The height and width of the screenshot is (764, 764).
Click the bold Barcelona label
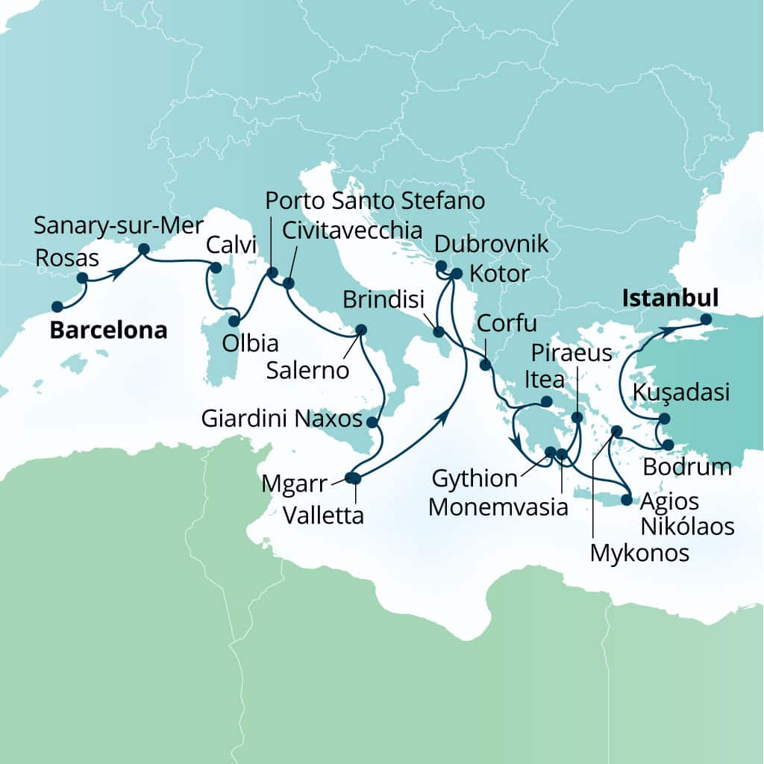coord(108,331)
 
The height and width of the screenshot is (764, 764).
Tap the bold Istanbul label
coord(669,299)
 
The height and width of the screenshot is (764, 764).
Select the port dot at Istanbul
coord(706,320)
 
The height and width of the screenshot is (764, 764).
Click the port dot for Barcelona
coord(57,306)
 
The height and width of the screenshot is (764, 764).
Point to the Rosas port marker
coord(83,278)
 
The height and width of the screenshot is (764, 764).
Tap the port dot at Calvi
coord(216,267)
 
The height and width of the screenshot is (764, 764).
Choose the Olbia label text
coord(251,344)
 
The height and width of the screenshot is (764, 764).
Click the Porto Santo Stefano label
coord(375,201)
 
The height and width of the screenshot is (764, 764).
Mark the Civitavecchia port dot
coord(289,283)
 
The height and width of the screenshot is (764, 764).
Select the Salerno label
coord(309,370)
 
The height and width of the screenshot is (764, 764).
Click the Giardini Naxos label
coord(283,419)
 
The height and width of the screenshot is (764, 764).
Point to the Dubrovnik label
coord(491,244)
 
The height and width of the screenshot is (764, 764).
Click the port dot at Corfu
coord(486,365)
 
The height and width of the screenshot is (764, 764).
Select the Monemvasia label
coord(499,507)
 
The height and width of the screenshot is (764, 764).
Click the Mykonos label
coord(639,553)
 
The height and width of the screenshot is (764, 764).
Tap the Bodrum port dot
coord(668,445)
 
